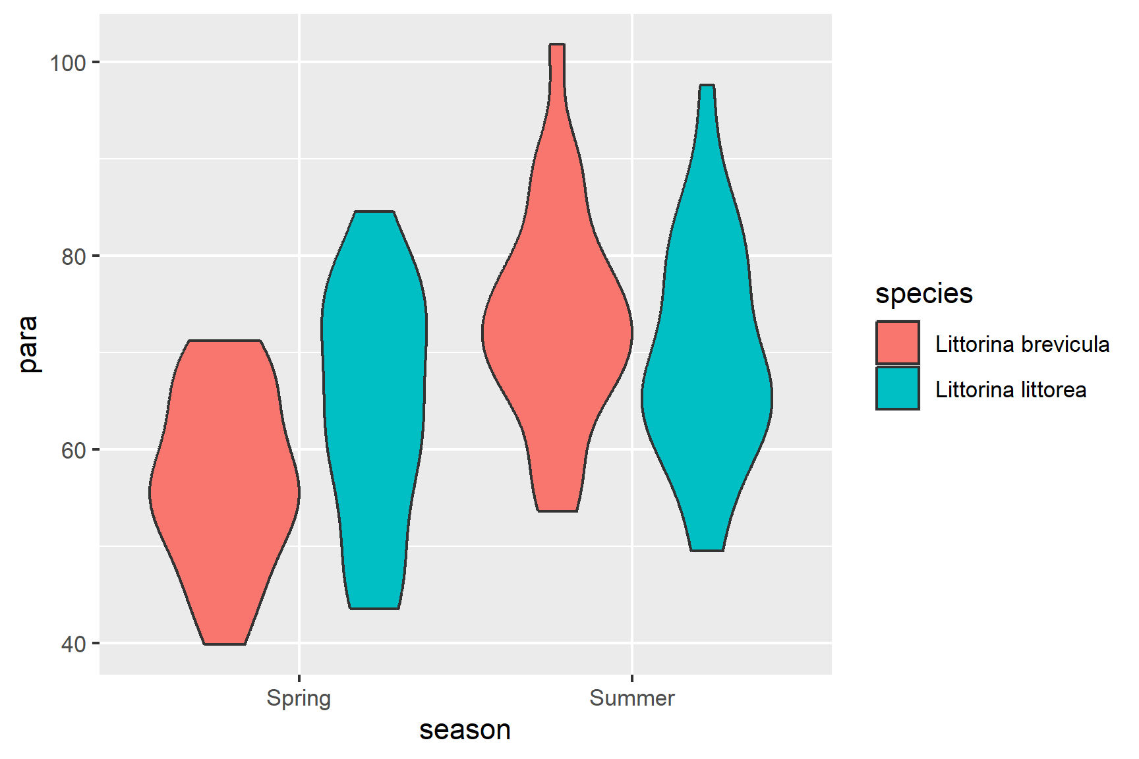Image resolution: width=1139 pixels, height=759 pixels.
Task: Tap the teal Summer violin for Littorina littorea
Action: (x=707, y=395)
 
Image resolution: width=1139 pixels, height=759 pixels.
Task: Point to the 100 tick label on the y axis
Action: (x=68, y=63)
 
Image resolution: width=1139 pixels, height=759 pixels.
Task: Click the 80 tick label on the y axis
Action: (x=74, y=257)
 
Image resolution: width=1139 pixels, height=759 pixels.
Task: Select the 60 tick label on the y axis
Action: (x=74, y=451)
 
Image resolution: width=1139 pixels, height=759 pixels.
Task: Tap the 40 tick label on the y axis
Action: (x=74, y=644)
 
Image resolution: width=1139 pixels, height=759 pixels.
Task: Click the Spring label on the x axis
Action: (x=299, y=698)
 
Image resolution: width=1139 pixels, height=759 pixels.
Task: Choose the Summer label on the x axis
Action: (x=631, y=698)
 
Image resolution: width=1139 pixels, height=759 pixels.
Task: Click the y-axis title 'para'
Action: (x=28, y=344)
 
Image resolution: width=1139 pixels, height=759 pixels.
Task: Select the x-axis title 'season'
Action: (x=465, y=730)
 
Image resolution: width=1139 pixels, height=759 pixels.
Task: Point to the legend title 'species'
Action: (x=923, y=294)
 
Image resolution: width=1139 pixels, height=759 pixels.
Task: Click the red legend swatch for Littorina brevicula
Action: (x=897, y=343)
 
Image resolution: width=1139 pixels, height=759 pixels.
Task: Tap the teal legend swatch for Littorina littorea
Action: (x=897, y=389)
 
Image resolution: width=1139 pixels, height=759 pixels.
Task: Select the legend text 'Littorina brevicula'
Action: (x=1022, y=344)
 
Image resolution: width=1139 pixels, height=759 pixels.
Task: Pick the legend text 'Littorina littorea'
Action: (x=1010, y=389)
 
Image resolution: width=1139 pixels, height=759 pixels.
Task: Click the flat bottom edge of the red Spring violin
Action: (x=225, y=644)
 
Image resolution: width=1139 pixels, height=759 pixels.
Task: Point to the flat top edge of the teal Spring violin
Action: (x=374, y=212)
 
